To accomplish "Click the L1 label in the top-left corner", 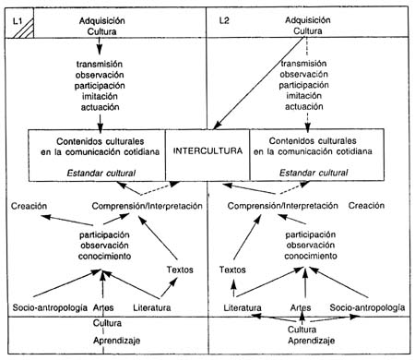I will pos(17,20).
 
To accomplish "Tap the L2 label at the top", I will pos(226,20).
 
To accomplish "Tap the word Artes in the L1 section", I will pos(107,306).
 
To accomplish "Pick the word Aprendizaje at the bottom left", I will pos(107,342).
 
